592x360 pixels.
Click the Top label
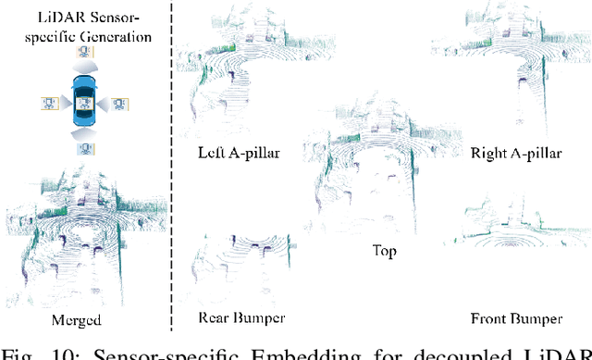click(384, 250)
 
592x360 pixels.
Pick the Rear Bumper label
click(242, 318)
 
